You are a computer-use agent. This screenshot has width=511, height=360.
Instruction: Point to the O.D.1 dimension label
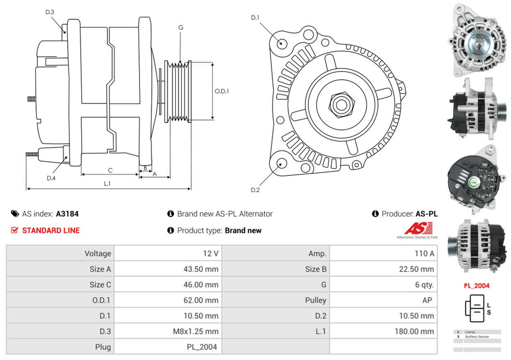[221, 92]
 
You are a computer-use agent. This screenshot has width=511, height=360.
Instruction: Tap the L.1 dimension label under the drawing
[107, 183]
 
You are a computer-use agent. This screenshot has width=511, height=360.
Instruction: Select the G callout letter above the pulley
[181, 28]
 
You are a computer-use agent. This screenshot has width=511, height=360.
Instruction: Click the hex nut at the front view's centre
[340, 104]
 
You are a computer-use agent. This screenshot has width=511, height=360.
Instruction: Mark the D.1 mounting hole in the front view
[281, 42]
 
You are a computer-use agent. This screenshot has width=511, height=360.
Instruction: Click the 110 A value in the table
[425, 254]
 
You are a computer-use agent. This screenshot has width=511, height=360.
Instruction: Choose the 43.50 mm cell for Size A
[203, 269]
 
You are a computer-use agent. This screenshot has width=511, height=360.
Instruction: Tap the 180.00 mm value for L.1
[414, 331]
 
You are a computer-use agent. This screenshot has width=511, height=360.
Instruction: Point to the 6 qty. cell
[425, 285]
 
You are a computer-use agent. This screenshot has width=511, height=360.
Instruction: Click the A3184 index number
[67, 214]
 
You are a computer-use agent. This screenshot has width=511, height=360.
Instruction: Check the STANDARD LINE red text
[51, 231]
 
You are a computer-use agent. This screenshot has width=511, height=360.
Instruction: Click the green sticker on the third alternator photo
[474, 181]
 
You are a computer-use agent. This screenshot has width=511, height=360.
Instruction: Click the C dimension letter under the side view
[110, 170]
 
